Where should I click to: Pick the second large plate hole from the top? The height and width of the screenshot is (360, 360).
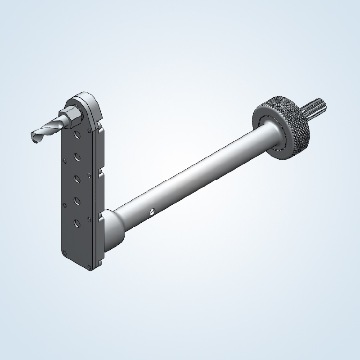click(77, 157)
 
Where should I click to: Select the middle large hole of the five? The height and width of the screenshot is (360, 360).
click(77, 178)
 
